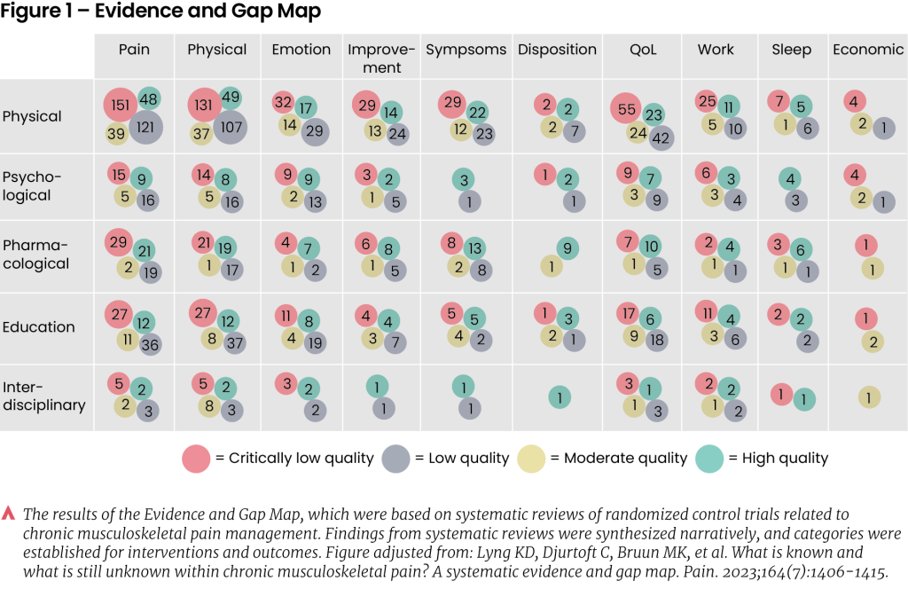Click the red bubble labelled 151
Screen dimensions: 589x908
click(x=120, y=105)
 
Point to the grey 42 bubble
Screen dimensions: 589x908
click(x=661, y=137)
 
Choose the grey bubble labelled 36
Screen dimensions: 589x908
click(x=149, y=345)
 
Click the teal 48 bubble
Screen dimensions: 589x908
click(x=149, y=99)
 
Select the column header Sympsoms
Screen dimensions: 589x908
click(x=466, y=50)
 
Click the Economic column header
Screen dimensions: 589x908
click(x=866, y=50)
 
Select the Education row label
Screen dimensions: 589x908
click(x=38, y=326)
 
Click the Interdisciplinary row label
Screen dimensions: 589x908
click(x=44, y=397)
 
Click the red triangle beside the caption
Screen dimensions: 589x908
click(x=9, y=513)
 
